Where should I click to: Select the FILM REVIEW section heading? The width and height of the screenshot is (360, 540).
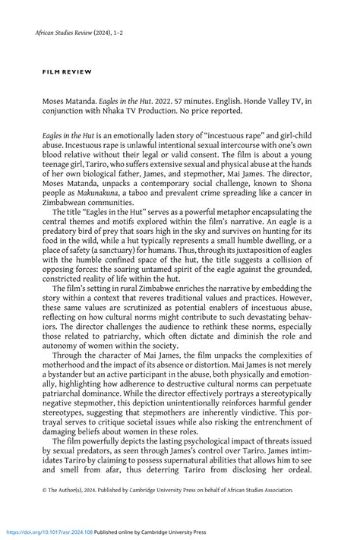coord(67,71)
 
